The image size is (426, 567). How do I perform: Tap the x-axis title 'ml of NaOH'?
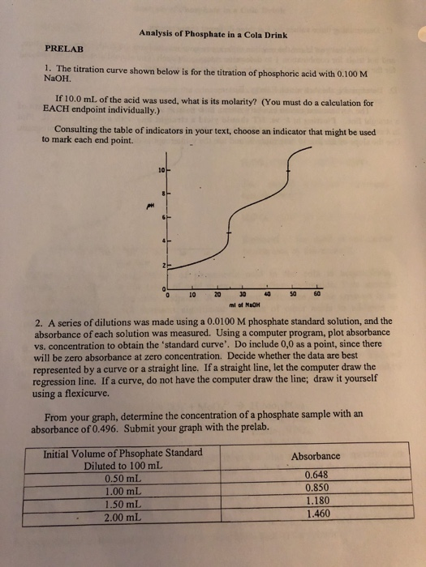pos(242,305)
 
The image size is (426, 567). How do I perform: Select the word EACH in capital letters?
pos(54,112)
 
